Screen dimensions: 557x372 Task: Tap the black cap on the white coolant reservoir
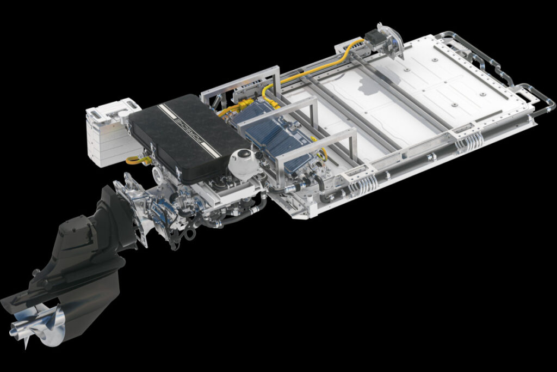click(243, 154)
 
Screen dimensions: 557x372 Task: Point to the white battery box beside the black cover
click(108, 132)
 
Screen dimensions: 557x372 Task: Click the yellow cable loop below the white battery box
click(137, 160)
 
